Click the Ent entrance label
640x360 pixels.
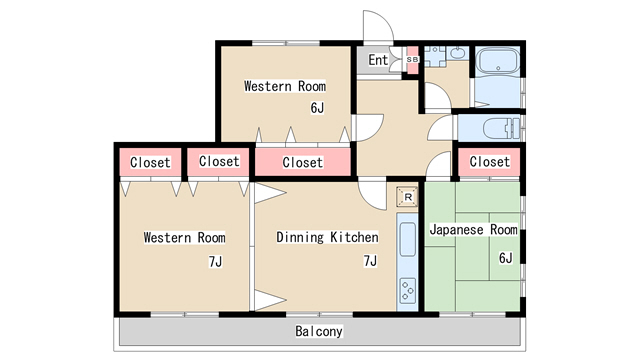pyautogui.click(x=378, y=60)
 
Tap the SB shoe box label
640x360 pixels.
pyautogui.click(x=412, y=60)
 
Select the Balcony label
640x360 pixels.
pyautogui.click(x=319, y=331)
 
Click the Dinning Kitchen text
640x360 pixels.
pyautogui.click(x=327, y=237)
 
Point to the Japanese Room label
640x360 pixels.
pyautogui.click(x=473, y=229)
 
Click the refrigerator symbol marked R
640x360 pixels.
pyautogui.click(x=407, y=197)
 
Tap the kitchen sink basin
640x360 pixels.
pyautogui.click(x=407, y=239)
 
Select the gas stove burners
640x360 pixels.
pyautogui.click(x=408, y=291)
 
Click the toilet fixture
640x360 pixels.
pyautogui.click(x=501, y=128)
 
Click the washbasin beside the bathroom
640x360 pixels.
pyautogui.click(x=459, y=53)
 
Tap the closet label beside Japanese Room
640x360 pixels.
pyautogui.click(x=489, y=162)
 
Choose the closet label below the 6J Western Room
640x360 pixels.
pyautogui.click(x=302, y=162)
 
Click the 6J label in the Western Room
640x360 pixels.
pyautogui.click(x=317, y=108)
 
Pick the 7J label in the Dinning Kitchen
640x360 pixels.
pyautogui.click(x=370, y=260)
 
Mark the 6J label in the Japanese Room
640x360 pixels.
pyautogui.click(x=505, y=258)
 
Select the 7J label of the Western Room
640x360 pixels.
pyautogui.click(x=215, y=262)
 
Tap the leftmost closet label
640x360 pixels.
pyautogui.click(x=150, y=162)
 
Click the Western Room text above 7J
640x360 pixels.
pyautogui.click(x=184, y=238)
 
